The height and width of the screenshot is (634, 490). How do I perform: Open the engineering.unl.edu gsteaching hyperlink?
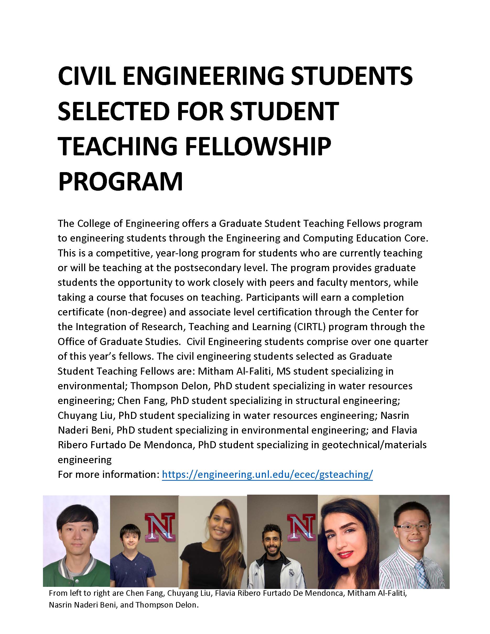267,474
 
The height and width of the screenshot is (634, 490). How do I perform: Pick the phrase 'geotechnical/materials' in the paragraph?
374,445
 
